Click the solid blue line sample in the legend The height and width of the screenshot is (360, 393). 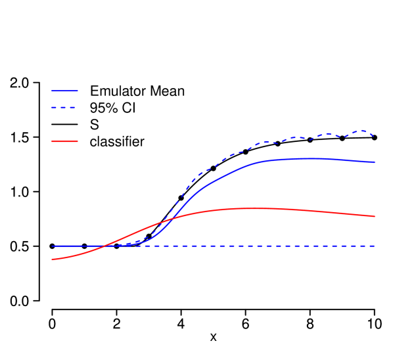(64, 91)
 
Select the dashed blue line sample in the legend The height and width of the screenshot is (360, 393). (64, 107)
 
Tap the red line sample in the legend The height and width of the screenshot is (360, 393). (64, 141)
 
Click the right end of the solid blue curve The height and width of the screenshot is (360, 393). (375, 162)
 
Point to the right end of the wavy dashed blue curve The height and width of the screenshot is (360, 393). (374, 136)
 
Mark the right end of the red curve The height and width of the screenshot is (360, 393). (375, 216)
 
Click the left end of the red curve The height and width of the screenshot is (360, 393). (52, 259)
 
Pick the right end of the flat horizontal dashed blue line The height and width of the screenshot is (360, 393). (375, 246)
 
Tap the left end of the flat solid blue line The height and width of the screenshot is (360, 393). (52, 246)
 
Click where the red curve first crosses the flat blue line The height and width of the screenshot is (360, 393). (103, 246)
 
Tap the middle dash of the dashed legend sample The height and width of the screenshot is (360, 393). (64, 107)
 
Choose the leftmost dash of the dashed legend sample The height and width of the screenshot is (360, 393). (54, 107)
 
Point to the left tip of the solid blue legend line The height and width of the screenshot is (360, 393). (52, 91)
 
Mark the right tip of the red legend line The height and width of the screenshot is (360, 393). (78, 141)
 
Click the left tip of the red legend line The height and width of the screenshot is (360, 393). (52, 141)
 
